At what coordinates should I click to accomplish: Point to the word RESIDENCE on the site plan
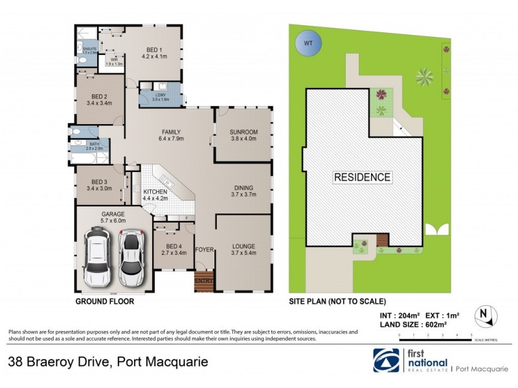click(362, 177)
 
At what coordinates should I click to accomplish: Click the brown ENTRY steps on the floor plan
click(203, 281)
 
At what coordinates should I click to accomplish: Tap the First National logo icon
click(387, 361)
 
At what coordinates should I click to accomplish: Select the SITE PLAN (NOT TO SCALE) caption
click(337, 301)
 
